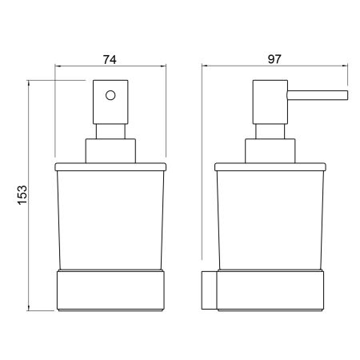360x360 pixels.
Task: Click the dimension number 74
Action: (110, 60)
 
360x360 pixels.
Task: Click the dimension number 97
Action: (274, 59)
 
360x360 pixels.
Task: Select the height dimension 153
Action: (22, 195)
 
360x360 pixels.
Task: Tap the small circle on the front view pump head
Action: (110, 95)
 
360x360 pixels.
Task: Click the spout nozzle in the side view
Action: (318, 95)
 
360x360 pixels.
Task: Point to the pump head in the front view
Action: (110, 102)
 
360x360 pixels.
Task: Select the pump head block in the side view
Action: (270, 102)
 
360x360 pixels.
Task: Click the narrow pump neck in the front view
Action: (110, 131)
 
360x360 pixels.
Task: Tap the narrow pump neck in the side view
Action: (270, 131)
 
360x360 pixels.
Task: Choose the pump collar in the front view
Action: (110, 151)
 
